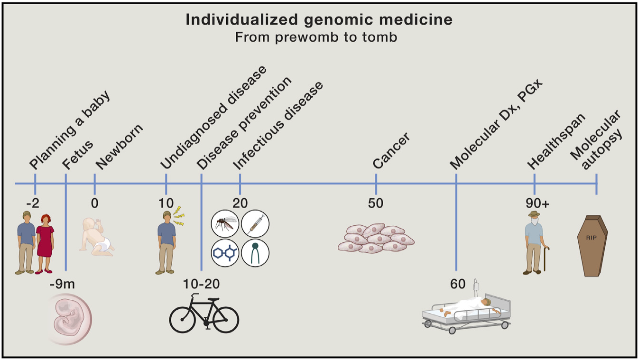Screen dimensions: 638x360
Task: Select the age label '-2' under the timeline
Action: click(33, 203)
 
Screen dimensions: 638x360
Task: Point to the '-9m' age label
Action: click(62, 284)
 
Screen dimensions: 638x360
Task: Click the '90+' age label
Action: click(537, 203)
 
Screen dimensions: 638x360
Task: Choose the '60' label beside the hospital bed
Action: click(458, 284)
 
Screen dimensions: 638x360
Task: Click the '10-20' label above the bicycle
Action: click(202, 284)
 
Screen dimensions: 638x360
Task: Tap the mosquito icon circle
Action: click(225, 223)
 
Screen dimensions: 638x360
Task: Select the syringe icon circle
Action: click(255, 223)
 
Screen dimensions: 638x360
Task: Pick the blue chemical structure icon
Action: click(225, 253)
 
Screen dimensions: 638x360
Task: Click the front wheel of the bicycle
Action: click(226, 320)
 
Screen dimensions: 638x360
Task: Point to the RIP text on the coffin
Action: click(592, 238)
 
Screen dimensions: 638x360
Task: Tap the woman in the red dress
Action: click(45, 243)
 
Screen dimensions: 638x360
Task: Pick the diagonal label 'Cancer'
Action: click(392, 151)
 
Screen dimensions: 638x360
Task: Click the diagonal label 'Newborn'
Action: click(119, 147)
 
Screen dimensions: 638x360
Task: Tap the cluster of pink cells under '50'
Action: click(376, 239)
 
